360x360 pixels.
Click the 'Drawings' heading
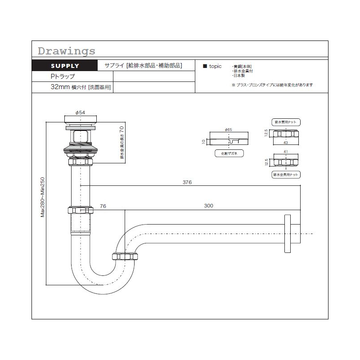pyautogui.click(x=67, y=50)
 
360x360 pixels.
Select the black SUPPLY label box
pyautogui.click(x=65, y=66)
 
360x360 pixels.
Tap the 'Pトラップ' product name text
pyautogui.click(x=63, y=76)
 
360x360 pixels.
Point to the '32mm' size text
pyautogui.click(x=60, y=87)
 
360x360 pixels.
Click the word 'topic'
pyautogui.click(x=216, y=66)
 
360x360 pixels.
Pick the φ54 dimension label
pyautogui.click(x=80, y=112)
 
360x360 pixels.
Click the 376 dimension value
pyautogui.click(x=187, y=182)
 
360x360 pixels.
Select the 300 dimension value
pyautogui.click(x=208, y=206)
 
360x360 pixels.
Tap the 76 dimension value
pyautogui.click(x=103, y=206)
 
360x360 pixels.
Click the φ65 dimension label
pyautogui.click(x=228, y=130)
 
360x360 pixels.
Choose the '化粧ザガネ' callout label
pyautogui.click(x=229, y=153)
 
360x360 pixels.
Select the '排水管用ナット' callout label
pyautogui.click(x=287, y=122)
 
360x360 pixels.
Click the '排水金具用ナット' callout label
pyautogui.click(x=287, y=174)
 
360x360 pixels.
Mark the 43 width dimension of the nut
pyautogui.click(x=286, y=143)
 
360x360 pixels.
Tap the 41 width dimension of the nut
pyautogui.click(x=286, y=152)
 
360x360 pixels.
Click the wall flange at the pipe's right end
pyautogui.click(x=288, y=234)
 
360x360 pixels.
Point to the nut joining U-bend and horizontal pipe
pyautogui.click(x=126, y=256)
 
